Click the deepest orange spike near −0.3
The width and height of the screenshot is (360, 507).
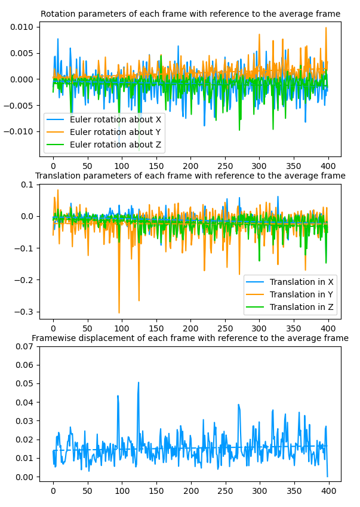click(119, 312)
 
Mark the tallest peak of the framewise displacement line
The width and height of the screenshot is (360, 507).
click(139, 383)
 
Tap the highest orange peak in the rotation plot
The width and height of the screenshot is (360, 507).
click(325, 27)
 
